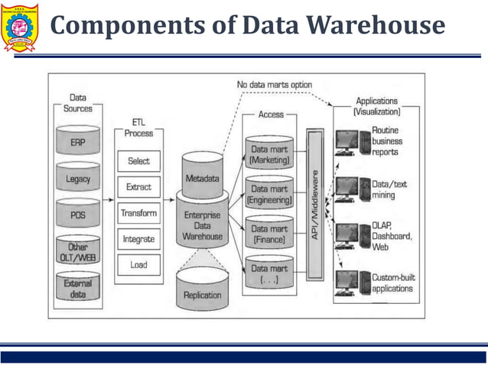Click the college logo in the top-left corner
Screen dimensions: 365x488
click(x=21, y=27)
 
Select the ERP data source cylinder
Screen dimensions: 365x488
click(x=78, y=141)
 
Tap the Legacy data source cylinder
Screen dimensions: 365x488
click(x=78, y=179)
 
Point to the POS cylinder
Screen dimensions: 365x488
click(x=78, y=215)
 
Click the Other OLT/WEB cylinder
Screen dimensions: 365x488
click(x=78, y=251)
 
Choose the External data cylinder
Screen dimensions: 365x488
click(x=78, y=289)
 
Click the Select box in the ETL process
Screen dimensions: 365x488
click(x=138, y=161)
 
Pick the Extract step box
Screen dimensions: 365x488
click(x=138, y=187)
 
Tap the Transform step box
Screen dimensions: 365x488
click(x=138, y=213)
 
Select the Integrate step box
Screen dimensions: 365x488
click(x=138, y=239)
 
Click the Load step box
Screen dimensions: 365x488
click(x=138, y=265)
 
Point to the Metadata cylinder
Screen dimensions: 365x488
click(x=202, y=175)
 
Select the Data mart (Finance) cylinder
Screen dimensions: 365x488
click(x=269, y=233)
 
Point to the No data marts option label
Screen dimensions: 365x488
click(x=274, y=84)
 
